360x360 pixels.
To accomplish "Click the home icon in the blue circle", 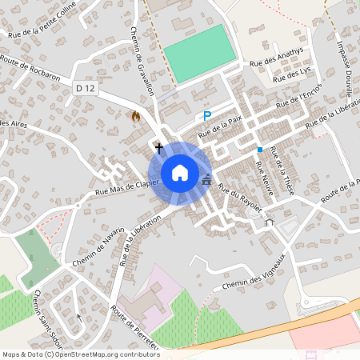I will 180,172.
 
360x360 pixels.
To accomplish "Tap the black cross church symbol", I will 159,148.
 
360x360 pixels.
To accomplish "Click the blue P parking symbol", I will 206,116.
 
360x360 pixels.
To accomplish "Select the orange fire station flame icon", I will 135,117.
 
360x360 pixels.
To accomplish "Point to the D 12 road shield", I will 84,88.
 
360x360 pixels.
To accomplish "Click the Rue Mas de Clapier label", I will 127,186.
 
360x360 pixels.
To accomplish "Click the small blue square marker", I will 260,149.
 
